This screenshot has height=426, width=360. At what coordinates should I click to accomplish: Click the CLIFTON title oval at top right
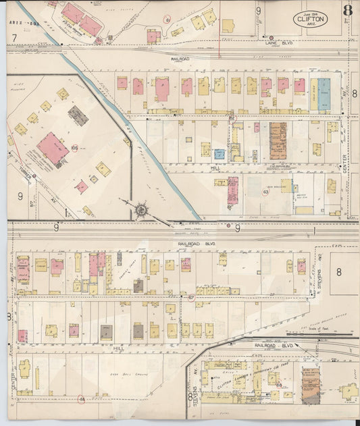311,20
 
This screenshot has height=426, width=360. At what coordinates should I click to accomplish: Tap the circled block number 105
74,148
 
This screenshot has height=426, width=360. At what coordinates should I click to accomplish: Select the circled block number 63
266,192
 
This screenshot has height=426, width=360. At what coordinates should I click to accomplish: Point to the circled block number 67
191,297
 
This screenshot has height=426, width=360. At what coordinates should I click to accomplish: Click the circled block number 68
278,384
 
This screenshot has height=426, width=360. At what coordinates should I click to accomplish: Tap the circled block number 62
232,119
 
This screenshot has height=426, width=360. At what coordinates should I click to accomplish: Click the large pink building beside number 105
53,149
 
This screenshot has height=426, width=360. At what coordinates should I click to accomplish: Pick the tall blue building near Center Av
324,95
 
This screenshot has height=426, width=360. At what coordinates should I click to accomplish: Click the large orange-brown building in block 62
278,140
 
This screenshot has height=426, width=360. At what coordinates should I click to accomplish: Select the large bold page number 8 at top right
347,10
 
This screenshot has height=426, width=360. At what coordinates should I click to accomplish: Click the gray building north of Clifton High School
78,115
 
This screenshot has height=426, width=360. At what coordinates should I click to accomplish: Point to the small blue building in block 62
220,154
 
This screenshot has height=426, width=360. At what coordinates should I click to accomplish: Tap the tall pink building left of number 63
232,190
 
